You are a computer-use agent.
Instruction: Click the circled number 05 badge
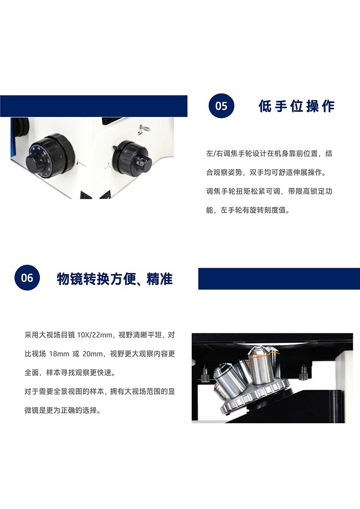pyautogui.click(x=221, y=106)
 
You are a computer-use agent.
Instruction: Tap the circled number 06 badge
pyautogui.click(x=27, y=278)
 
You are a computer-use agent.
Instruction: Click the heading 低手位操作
pyautogui.click(x=296, y=106)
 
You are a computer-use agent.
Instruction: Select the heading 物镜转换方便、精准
pyautogui.click(x=115, y=279)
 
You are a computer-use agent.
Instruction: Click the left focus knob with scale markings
pyautogui.click(x=50, y=156)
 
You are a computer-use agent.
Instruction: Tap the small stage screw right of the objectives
pyautogui.click(x=303, y=372)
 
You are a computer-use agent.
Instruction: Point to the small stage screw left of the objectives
pyautogui.click(x=204, y=374)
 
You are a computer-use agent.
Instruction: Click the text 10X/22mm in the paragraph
pyautogui.click(x=95, y=335)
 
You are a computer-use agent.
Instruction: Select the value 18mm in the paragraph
pyautogui.click(x=59, y=354)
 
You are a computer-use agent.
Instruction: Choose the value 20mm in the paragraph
pyautogui.click(x=92, y=354)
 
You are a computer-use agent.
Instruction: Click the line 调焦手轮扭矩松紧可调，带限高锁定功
pyautogui.click(x=269, y=191)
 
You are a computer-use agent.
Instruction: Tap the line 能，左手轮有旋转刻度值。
pyautogui.click(x=248, y=210)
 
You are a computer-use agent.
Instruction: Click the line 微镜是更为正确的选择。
pyautogui.click(x=63, y=410)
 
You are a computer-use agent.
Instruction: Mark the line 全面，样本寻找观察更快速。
pyautogui.click(x=70, y=373)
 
